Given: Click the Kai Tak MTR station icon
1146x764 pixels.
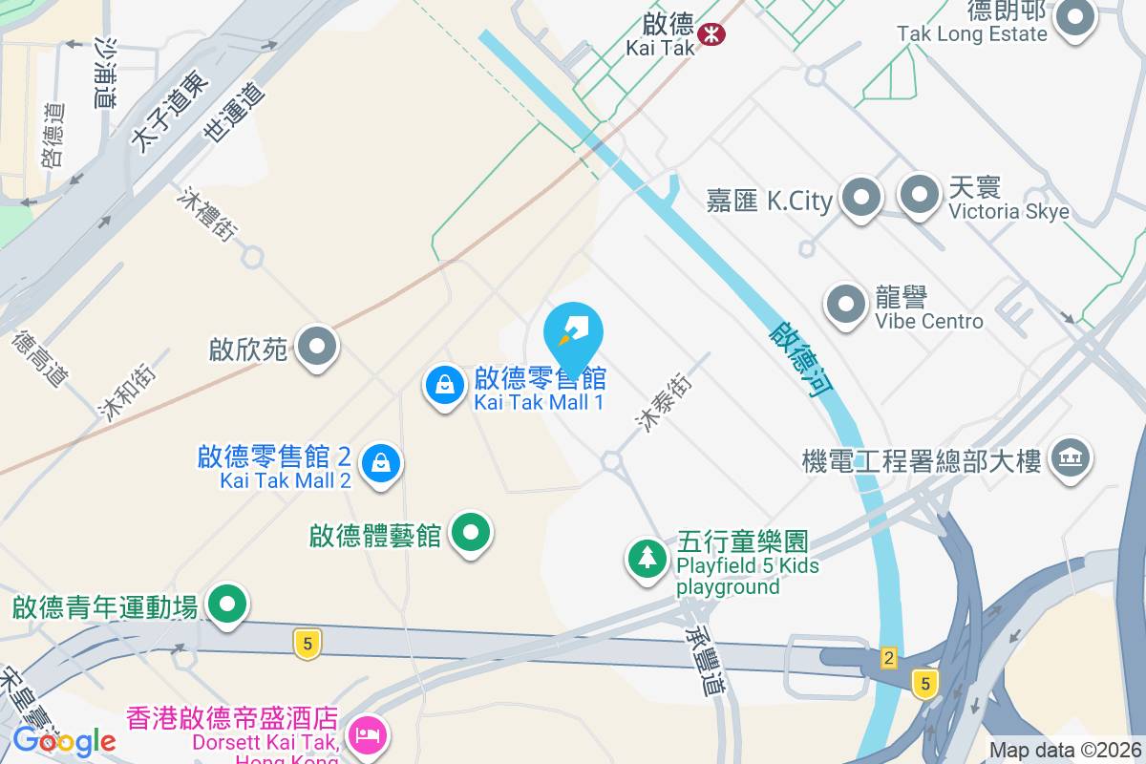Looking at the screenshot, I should point(711,35).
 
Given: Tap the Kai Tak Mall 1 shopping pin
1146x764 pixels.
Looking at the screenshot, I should point(444,386).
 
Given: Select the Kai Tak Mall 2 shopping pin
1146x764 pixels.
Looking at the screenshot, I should point(381,463).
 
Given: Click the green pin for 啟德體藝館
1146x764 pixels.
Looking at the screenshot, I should point(470,531).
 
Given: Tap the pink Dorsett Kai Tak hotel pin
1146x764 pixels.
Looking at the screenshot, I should point(366,734).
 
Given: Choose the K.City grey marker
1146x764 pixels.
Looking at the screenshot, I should point(861,197).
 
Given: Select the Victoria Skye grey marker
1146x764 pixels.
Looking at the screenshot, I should point(920,194).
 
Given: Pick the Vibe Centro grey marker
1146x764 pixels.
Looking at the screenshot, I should point(845,305).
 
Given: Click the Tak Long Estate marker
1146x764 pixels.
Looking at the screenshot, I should point(1075,18).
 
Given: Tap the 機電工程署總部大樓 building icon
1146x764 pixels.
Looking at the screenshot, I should point(1071,458).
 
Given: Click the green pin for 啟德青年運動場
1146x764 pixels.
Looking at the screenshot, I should point(227,605).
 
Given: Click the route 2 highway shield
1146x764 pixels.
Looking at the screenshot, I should point(889,657).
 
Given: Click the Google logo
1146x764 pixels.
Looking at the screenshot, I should point(64,740).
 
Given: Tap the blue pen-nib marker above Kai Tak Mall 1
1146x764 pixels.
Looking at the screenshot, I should point(573,330).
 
